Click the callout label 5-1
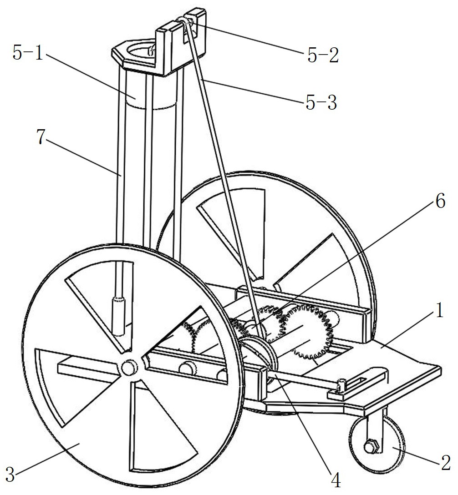pos(28,52)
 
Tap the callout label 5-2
pos(323,56)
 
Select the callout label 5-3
pos(321,103)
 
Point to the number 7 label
pos(41,137)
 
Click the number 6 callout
pos(440,201)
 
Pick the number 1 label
pos(440,310)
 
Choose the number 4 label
pos(336,481)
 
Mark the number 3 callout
pos(10,475)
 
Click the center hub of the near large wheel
pos(128,368)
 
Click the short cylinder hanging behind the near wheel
pos(117,316)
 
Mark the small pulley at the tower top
pos(186,22)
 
